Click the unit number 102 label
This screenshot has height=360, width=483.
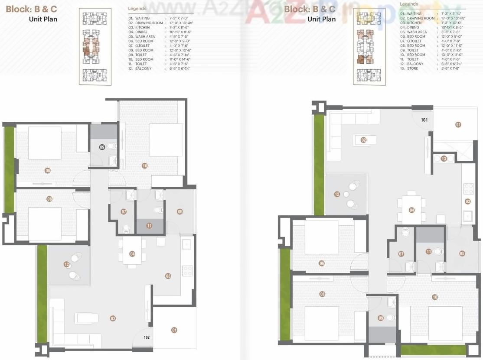tap(147, 336)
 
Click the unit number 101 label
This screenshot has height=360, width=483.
tap(424, 120)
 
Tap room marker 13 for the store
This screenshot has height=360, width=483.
tap(444, 159)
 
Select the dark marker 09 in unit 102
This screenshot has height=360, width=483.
tap(102, 147)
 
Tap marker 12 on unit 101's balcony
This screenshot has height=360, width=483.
tap(337, 195)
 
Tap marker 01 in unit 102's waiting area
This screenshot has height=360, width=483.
tap(174, 330)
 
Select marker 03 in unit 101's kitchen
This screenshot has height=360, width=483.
tap(467, 201)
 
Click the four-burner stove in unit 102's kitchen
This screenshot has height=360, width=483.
tap(187, 271)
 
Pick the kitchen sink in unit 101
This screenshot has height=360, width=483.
tap(467, 216)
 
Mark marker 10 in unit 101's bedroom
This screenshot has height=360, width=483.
tap(434, 297)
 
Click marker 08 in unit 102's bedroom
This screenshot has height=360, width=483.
tap(48, 170)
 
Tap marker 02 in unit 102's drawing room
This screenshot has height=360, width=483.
tap(113, 318)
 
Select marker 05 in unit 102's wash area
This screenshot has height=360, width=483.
tap(180, 211)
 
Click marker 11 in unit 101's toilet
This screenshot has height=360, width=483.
tap(428, 251)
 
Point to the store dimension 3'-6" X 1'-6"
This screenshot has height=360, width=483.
tap(448, 68)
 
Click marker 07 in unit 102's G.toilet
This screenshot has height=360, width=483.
tap(124, 212)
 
